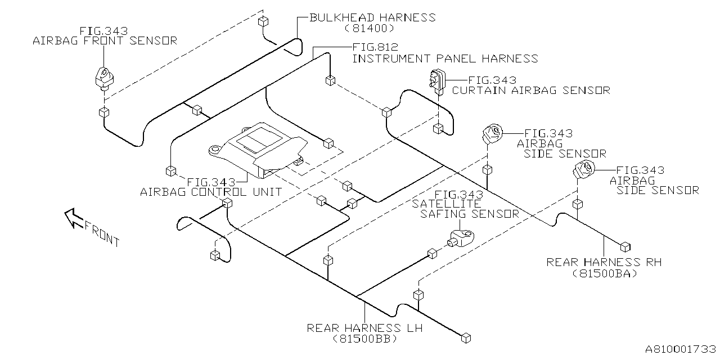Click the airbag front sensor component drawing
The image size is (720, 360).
tap(103, 78)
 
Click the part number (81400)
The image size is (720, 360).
tap(368, 28)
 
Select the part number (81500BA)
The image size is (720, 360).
tap(604, 273)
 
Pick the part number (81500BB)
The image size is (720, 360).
tap(364, 339)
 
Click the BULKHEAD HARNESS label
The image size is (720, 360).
tap(372, 17)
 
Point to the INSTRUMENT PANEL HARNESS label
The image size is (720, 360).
tap(445, 58)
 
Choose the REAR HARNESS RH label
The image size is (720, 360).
tap(604, 262)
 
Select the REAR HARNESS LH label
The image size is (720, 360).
tap(364, 328)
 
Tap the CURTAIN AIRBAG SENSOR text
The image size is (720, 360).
tap(531, 90)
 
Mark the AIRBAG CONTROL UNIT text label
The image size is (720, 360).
tap(211, 192)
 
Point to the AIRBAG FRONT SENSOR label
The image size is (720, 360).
tap(105, 40)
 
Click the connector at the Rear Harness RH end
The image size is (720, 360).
tap(624, 246)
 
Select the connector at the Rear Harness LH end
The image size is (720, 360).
tap(466, 337)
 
